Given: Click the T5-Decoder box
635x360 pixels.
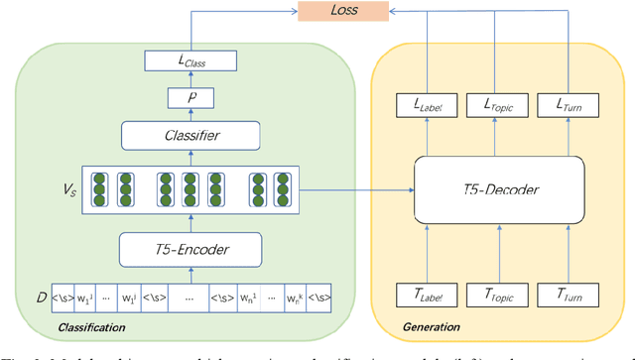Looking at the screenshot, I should click(497, 189).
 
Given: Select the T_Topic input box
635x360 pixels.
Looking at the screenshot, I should click(497, 295).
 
